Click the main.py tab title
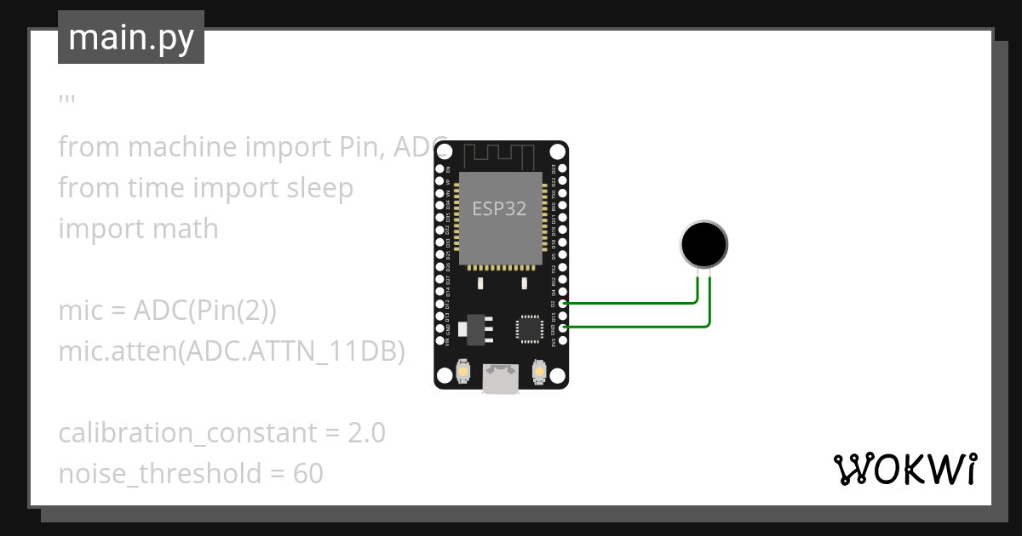tap(131, 37)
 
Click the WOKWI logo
tap(904, 469)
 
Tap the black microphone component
tap(704, 244)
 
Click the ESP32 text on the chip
tap(499, 208)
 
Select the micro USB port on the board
tap(501, 379)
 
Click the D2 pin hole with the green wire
tap(562, 303)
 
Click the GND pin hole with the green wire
tap(562, 327)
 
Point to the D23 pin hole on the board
tap(562, 169)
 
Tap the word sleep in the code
tap(314, 188)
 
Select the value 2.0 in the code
tap(366, 433)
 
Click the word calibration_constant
tap(187, 433)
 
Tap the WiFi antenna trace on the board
tap(500, 156)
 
